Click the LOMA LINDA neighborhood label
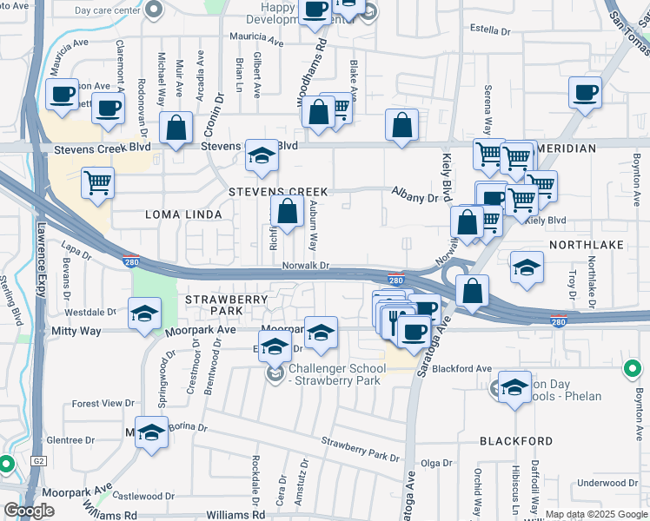click(182, 214)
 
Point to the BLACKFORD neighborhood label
click(516, 441)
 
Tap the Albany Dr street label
click(414, 197)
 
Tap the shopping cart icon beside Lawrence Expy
click(97, 183)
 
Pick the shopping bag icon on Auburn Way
click(287, 210)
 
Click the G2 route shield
click(38, 461)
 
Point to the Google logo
click(29, 510)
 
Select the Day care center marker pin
click(154, 10)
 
